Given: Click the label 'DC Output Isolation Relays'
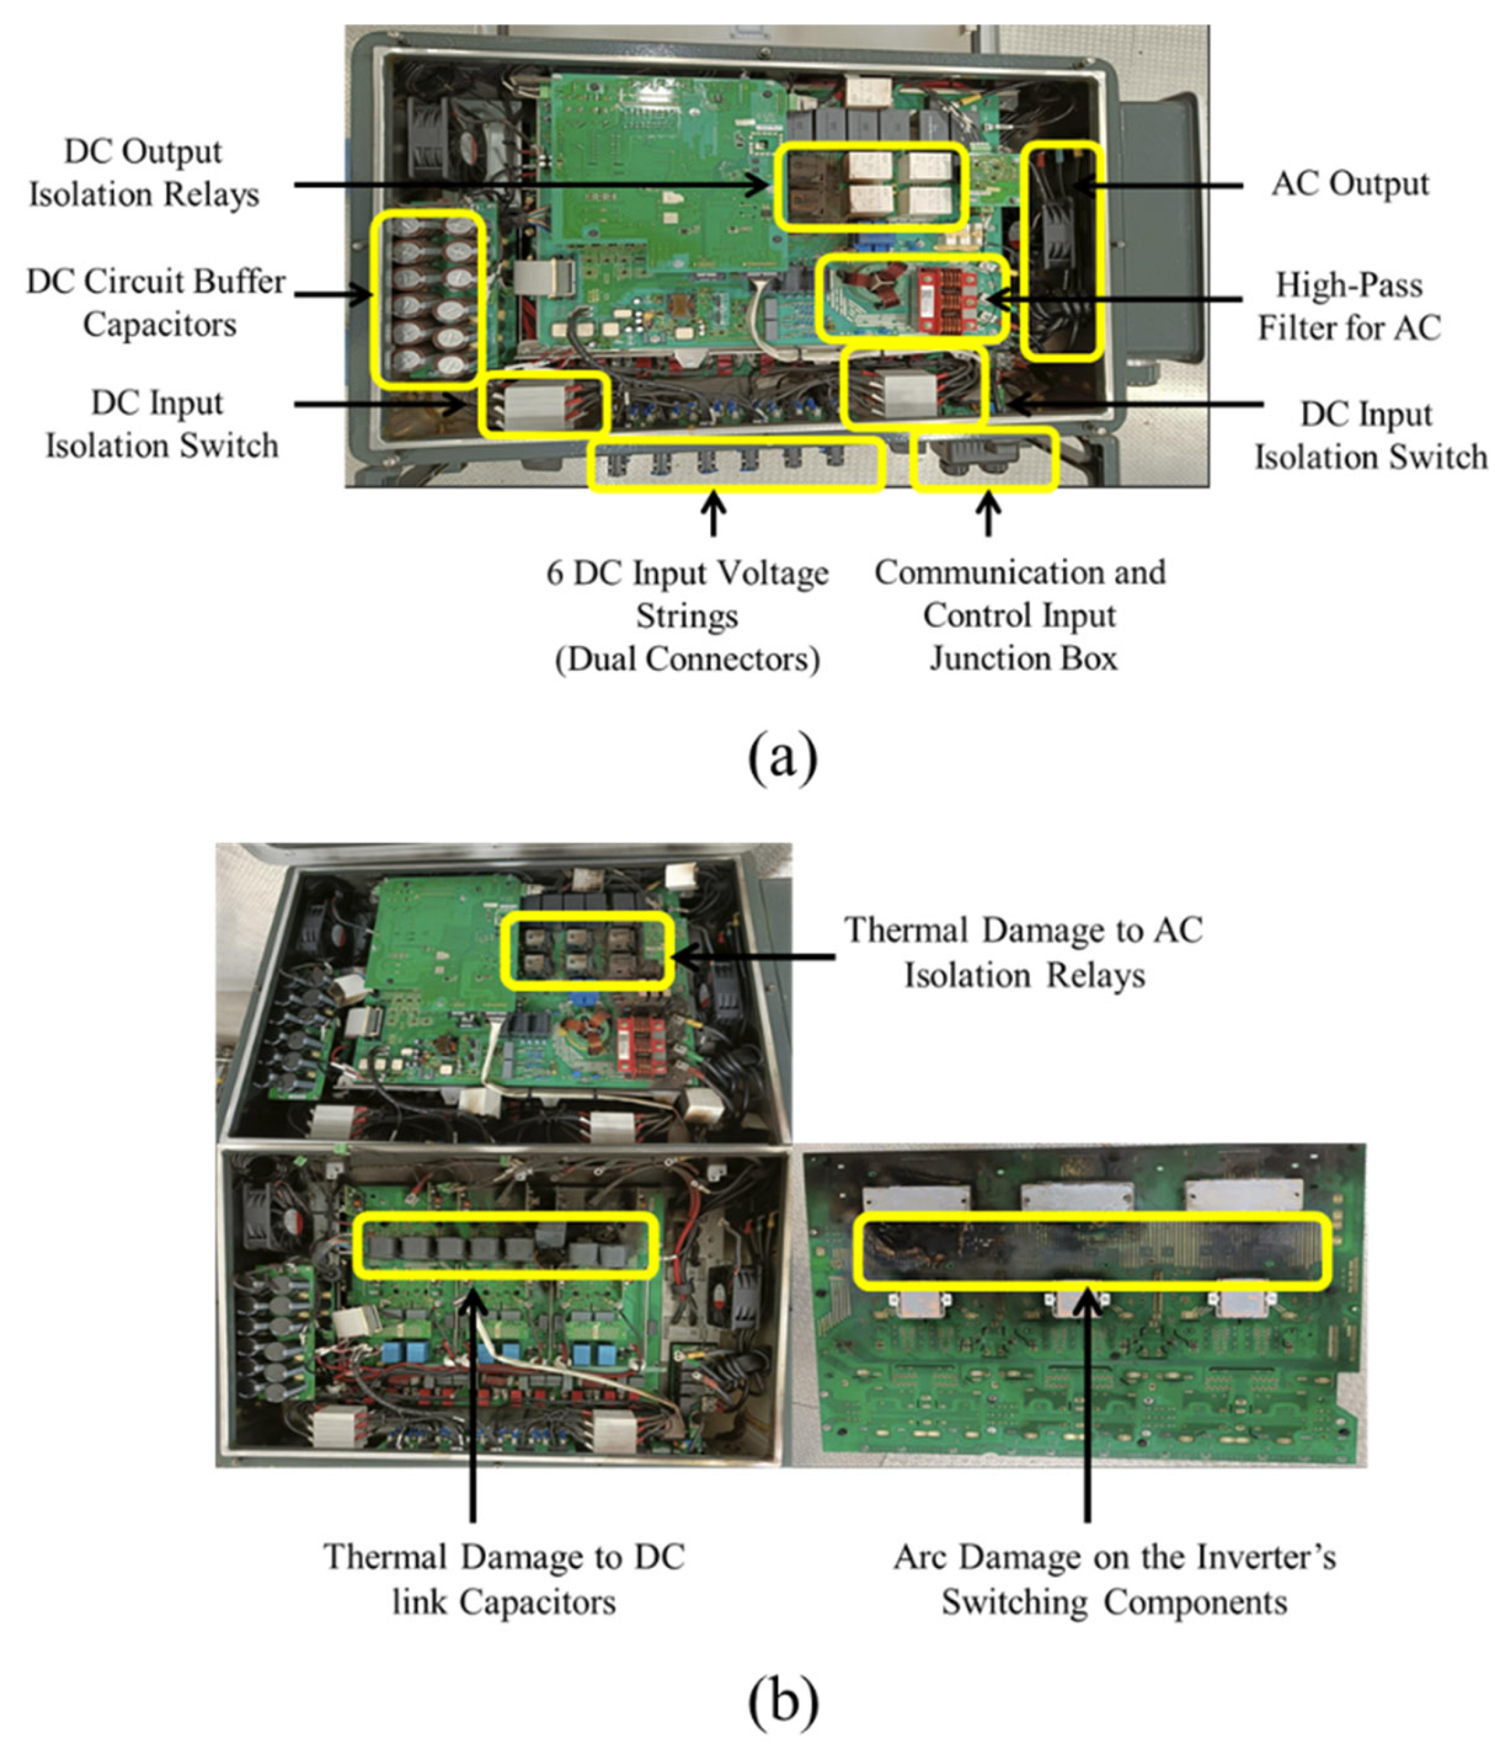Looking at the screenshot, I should click(x=144, y=173).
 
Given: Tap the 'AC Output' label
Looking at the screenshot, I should click(x=1350, y=184).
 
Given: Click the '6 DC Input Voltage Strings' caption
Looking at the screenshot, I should click(x=687, y=616).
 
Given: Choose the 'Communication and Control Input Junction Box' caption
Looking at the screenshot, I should click(x=1021, y=616).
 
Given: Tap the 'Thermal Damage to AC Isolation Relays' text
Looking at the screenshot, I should click(x=1023, y=952).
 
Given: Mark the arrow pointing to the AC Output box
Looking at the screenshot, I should click(x=1161, y=184).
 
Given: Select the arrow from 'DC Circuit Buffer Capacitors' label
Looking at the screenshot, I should click(x=335, y=295).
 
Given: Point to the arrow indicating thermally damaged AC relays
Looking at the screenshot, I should click(x=754, y=957).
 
